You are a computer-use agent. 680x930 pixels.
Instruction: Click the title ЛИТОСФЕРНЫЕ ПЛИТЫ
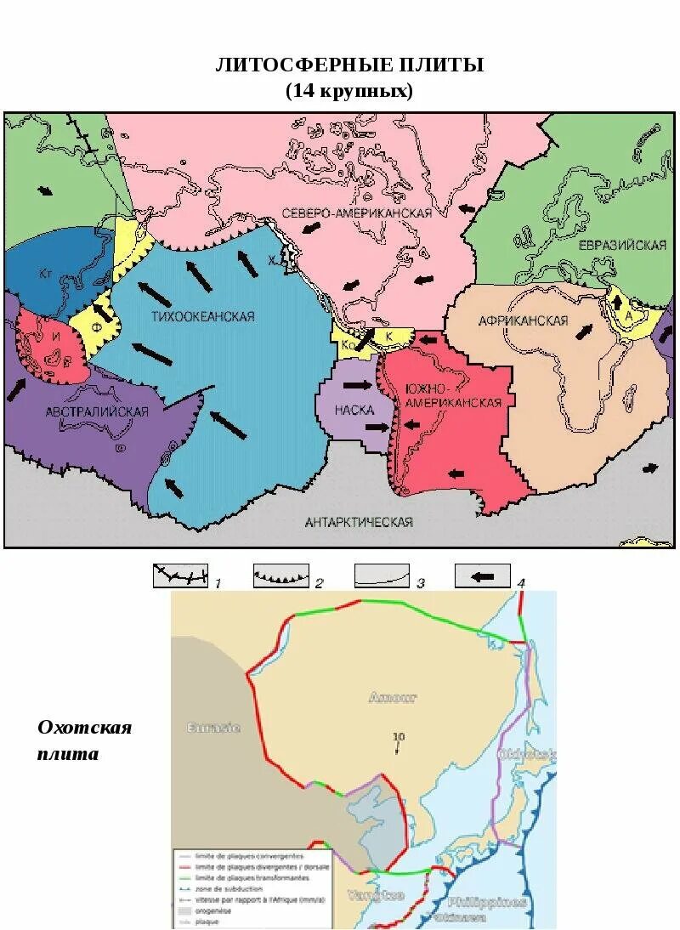349,65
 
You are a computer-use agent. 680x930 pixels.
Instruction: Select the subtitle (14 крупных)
349,91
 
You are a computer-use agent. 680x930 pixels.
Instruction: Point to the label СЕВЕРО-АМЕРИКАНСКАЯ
356,213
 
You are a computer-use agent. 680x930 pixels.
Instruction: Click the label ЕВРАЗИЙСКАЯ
622,245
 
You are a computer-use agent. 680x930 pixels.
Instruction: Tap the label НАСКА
354,410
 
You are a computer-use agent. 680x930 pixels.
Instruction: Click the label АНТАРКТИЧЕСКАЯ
358,522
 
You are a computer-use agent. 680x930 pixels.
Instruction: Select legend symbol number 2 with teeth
280,576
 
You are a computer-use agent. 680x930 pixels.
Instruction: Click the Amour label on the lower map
393,698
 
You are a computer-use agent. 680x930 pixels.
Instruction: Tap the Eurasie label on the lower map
213,728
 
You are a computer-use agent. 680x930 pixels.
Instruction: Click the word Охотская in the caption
85,728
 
